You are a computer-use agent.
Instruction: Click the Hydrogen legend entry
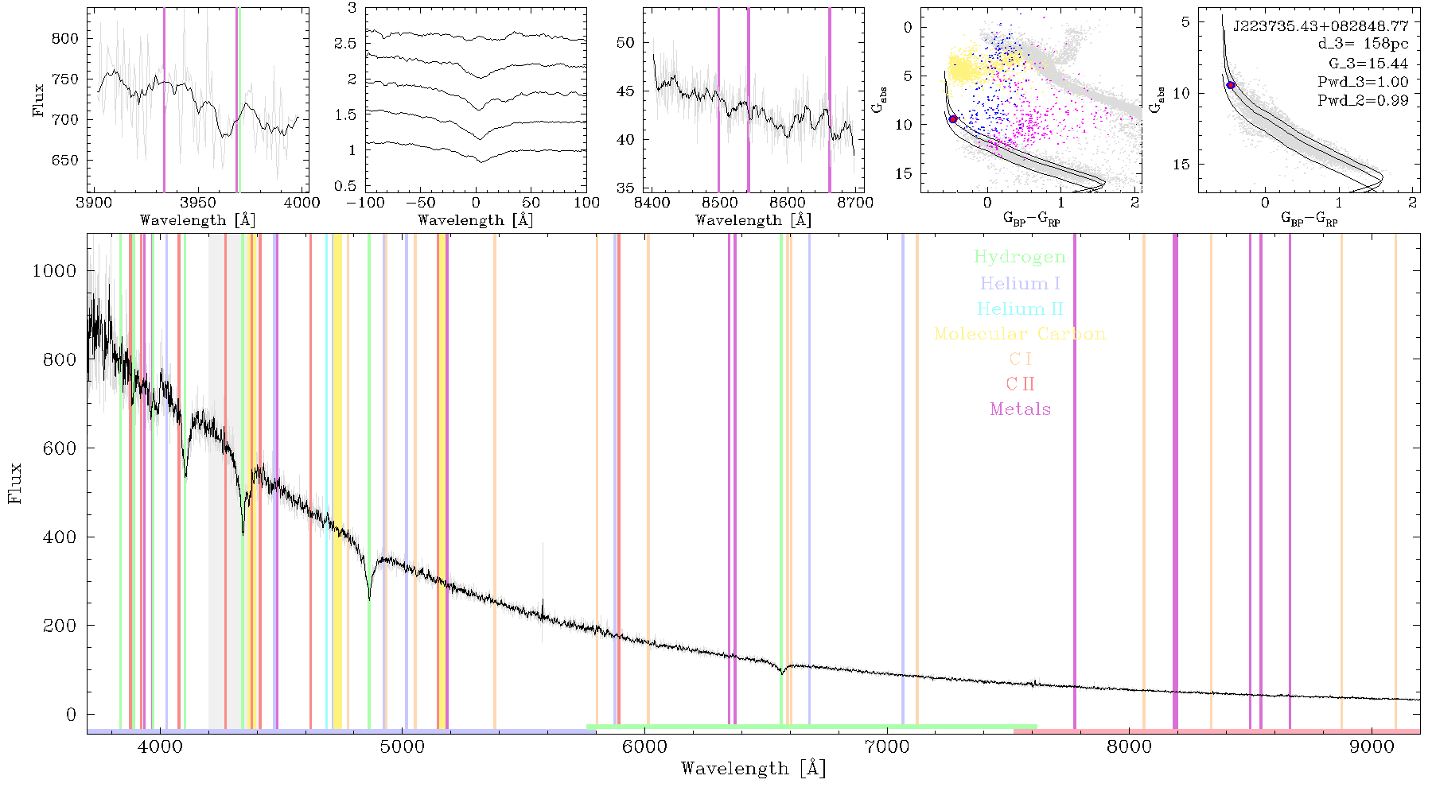[1019, 258]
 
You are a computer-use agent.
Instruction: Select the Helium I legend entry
[1020, 284]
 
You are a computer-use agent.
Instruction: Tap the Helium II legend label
[1020, 309]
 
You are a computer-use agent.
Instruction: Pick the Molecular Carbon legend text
[1020, 334]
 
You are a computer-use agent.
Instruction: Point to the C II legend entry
[1020, 384]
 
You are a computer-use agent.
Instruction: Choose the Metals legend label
[1020, 409]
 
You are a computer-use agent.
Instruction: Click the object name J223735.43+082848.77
[1321, 26]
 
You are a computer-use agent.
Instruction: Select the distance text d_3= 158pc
[1363, 45]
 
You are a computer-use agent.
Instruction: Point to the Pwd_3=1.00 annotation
[1363, 82]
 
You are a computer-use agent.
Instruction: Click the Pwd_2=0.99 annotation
[1363, 100]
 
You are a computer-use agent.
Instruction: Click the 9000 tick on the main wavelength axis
[1371, 747]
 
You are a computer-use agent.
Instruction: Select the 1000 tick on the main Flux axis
[54, 271]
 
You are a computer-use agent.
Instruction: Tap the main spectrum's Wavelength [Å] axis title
[753, 769]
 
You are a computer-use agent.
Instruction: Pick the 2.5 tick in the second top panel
[345, 44]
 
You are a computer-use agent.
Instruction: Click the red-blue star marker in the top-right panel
[1230, 85]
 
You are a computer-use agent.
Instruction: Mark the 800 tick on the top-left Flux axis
[65, 38]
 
